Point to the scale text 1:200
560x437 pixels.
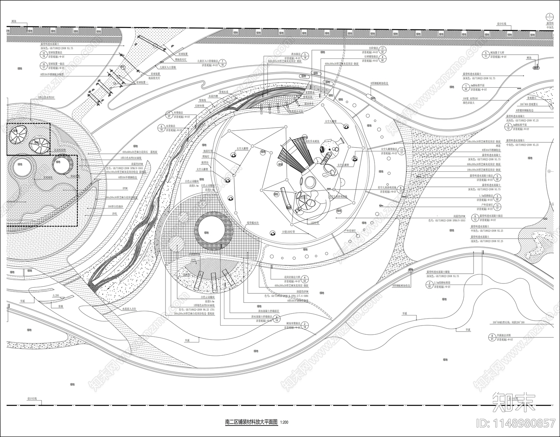(284, 422)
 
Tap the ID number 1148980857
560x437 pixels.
(520, 423)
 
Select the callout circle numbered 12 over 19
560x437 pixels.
(44, 54)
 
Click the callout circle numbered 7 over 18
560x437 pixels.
(223, 63)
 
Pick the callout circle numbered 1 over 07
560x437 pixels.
(169, 114)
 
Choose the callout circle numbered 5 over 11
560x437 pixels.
(486, 54)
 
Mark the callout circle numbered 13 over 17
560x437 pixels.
(401, 150)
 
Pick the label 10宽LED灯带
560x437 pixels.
(289, 232)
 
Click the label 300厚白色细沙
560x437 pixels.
(115, 207)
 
